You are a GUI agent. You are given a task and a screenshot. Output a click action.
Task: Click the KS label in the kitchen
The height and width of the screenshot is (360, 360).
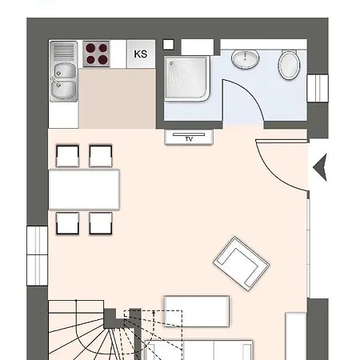click(x=141, y=54)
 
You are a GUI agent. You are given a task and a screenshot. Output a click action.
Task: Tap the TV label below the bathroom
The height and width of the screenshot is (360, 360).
click(x=189, y=139)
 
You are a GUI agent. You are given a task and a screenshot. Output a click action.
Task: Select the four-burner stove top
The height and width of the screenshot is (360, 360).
click(x=96, y=54)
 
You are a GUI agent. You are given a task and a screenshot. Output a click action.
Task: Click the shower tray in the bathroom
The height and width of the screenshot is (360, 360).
click(x=187, y=78)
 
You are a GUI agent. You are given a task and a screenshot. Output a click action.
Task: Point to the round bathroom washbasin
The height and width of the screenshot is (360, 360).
click(x=245, y=59)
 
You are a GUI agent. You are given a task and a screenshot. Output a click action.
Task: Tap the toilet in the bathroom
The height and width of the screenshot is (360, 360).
click(x=290, y=65)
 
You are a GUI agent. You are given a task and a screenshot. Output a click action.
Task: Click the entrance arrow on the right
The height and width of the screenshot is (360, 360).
click(x=320, y=167)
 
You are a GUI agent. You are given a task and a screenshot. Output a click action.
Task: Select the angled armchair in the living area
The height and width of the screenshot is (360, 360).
click(x=242, y=263)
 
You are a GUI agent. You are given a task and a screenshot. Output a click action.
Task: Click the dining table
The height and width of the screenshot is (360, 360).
click(x=84, y=190)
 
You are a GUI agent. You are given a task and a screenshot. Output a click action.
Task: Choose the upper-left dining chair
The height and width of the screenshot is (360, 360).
click(x=68, y=156)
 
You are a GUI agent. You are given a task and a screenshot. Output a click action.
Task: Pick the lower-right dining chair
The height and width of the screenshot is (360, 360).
click(x=101, y=223)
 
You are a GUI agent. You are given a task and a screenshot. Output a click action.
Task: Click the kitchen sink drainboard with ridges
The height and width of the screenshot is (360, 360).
click(x=64, y=52)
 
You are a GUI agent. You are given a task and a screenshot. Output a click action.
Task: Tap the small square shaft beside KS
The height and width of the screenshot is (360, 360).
click(x=168, y=45)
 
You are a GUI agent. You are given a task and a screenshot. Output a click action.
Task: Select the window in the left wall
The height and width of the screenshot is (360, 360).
click(x=38, y=256)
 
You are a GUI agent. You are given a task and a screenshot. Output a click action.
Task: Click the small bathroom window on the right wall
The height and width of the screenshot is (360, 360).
click(x=318, y=88)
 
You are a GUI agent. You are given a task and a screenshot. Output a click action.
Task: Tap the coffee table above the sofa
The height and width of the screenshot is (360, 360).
click(x=197, y=311)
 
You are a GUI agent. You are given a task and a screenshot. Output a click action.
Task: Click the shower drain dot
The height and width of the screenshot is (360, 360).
click(x=171, y=63)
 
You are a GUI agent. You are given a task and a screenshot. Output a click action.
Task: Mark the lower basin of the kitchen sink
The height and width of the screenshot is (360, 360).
click(x=64, y=89)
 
